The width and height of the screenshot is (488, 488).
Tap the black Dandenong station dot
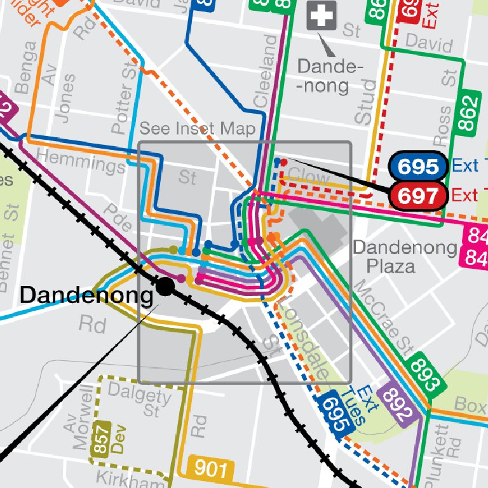[x=165, y=287]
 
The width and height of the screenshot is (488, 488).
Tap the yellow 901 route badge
[x=210, y=469]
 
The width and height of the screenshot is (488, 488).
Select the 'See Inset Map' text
[x=198, y=129]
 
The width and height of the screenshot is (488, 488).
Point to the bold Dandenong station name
[x=86, y=295]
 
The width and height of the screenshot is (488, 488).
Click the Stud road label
[x=367, y=102]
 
